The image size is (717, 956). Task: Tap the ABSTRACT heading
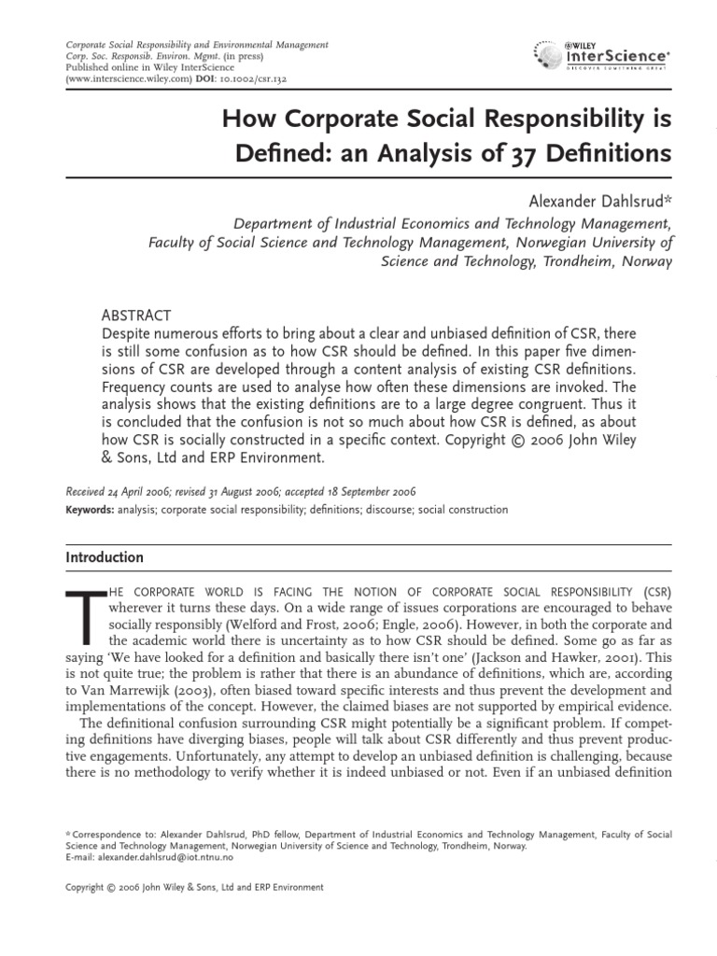coord(135,316)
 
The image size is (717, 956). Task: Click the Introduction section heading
coord(105,557)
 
